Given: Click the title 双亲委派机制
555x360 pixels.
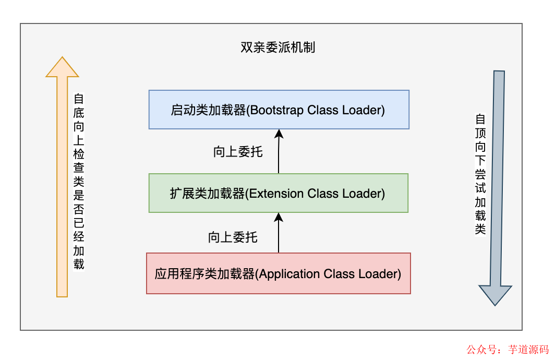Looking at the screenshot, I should coord(277,48).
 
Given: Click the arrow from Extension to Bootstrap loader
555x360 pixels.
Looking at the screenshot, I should coord(279,151).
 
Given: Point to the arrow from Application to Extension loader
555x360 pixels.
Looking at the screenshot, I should coord(279,232).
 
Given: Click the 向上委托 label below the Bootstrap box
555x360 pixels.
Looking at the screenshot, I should coord(238,152).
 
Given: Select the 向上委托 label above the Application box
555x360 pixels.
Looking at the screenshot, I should coord(233,237).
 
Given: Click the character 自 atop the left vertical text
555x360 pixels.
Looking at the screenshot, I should coord(78,99).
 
